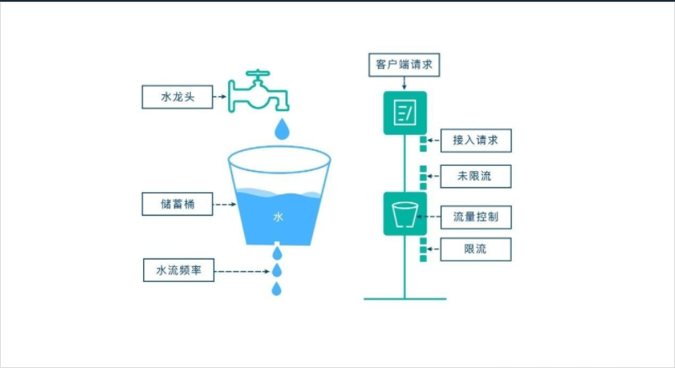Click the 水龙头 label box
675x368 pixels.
pyautogui.click(x=178, y=97)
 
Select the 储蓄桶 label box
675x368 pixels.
pyautogui.click(x=178, y=204)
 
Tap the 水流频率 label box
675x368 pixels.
pyautogui.click(x=178, y=270)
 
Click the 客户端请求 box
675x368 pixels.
pyautogui.click(x=405, y=64)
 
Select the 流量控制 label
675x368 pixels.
pyautogui.click(x=476, y=216)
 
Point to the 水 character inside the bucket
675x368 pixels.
pyautogui.click(x=279, y=216)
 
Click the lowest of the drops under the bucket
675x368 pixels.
pyautogui.click(x=275, y=290)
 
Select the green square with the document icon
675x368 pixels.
pyautogui.click(x=405, y=112)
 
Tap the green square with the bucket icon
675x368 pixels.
pyautogui.click(x=405, y=214)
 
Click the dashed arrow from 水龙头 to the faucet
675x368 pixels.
pyautogui.click(x=220, y=97)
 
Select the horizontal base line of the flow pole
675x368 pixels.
pyautogui.click(x=405, y=298)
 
